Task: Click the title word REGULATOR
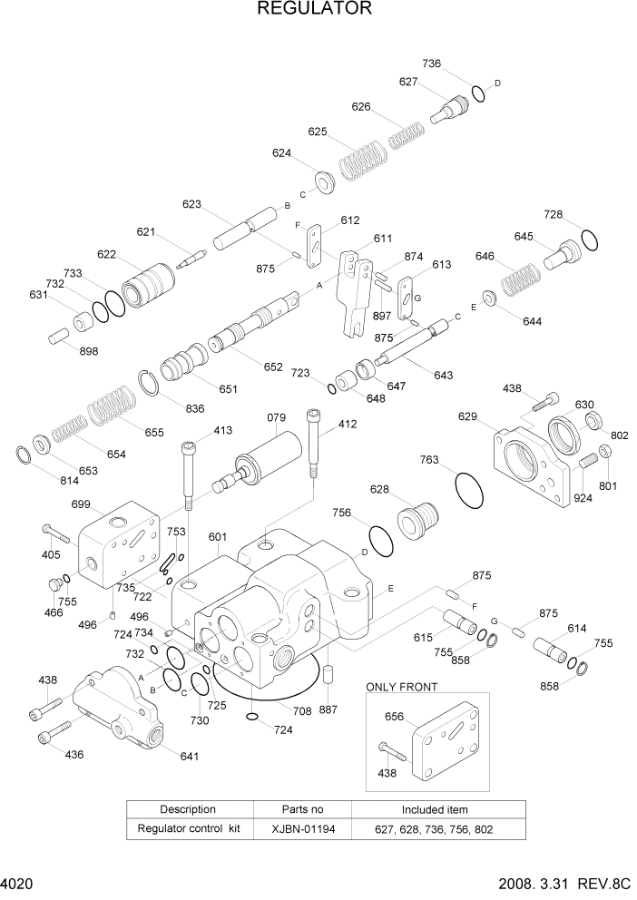[315, 9]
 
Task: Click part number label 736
[431, 64]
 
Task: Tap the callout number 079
[277, 418]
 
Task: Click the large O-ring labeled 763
[468, 491]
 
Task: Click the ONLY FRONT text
[400, 687]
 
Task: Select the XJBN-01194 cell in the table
[302, 828]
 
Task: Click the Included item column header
[435, 808]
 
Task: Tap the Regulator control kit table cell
[188, 828]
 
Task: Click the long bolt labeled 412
[314, 449]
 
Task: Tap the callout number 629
[467, 416]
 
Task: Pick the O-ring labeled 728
[588, 240]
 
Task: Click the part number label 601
[218, 537]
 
